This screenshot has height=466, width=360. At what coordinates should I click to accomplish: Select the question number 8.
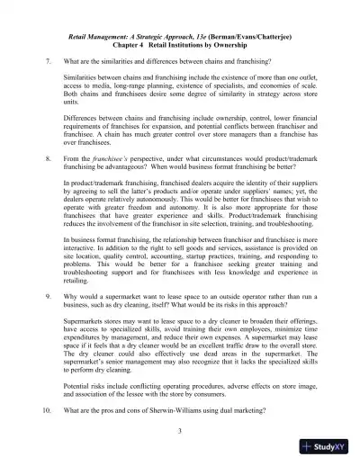point(48,157)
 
